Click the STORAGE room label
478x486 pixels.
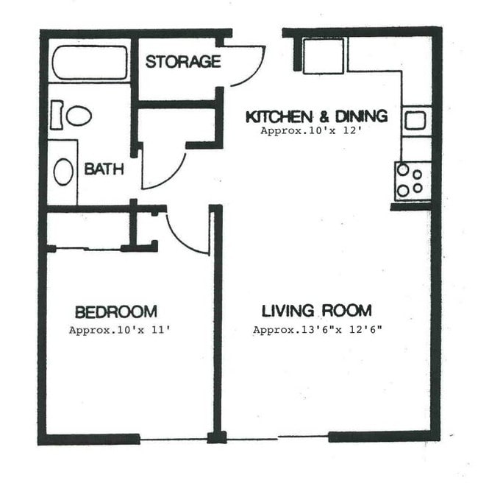click(182, 61)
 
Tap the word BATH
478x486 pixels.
click(104, 169)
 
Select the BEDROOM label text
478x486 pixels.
click(115, 311)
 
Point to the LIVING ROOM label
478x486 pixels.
click(317, 310)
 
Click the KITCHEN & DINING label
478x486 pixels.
click(316, 116)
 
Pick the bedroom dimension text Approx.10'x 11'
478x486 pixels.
click(119, 331)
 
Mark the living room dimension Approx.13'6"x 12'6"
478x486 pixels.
click(317, 331)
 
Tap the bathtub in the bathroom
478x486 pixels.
click(88, 63)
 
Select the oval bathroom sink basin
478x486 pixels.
click(64, 172)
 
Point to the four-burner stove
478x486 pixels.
click(412, 180)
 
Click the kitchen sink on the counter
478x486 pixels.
click(415, 119)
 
